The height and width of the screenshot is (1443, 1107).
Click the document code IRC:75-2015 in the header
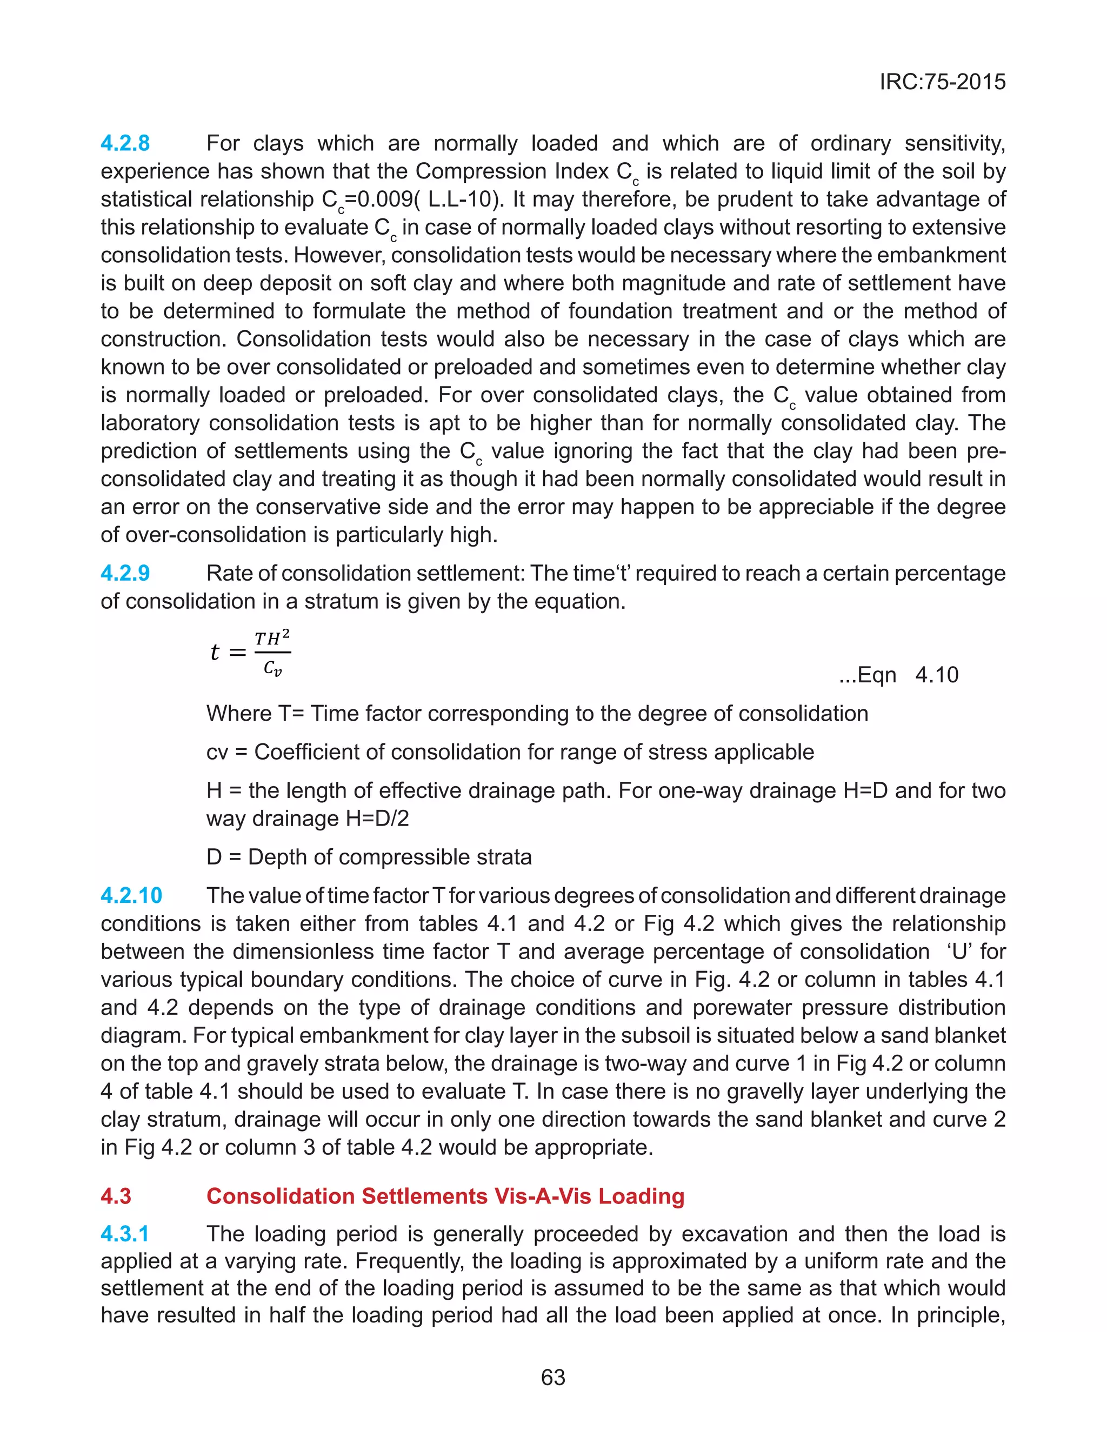click(x=942, y=82)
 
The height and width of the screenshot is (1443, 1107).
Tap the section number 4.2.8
click(x=125, y=143)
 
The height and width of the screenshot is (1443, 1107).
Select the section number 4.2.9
click(x=125, y=573)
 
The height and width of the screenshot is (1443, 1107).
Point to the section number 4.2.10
click(x=131, y=895)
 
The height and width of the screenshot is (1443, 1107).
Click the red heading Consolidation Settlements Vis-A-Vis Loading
click(x=445, y=1196)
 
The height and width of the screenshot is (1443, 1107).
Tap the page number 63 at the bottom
click(x=553, y=1377)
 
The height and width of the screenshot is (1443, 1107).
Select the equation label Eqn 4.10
click(x=899, y=675)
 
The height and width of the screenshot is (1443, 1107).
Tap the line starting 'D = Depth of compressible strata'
click(x=369, y=856)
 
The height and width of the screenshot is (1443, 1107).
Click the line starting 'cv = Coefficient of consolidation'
click(x=510, y=752)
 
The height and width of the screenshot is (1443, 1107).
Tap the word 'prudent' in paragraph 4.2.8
click(x=665, y=199)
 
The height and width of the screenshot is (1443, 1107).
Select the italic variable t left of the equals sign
click(x=214, y=653)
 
